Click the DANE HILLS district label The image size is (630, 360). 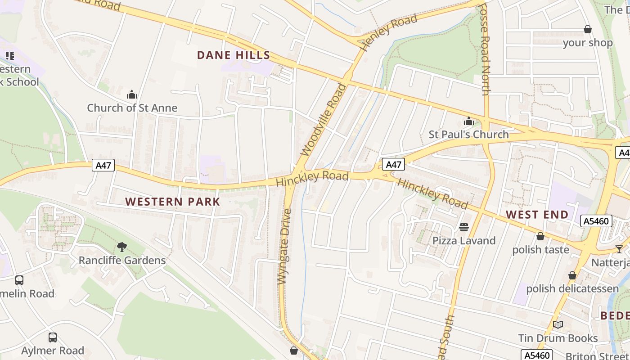click(234, 55)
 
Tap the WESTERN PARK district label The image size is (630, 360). click(173, 202)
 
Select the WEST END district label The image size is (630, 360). click(537, 214)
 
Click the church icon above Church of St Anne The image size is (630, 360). click(132, 94)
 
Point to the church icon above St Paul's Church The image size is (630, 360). click(468, 121)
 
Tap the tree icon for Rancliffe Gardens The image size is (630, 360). click(121, 247)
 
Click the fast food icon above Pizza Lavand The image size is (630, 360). click(464, 227)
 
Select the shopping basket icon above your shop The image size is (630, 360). click(587, 30)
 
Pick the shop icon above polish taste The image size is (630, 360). click(540, 236)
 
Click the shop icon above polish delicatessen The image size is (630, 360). click(572, 275)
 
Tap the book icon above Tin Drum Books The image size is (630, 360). click(558, 324)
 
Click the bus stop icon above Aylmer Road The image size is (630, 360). click(53, 337)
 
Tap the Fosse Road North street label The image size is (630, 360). click(485, 49)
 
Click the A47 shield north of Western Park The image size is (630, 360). click(103, 165)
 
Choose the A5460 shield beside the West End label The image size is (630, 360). click(596, 221)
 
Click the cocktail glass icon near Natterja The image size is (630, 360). click(619, 249)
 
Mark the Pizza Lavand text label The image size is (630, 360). click(464, 241)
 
